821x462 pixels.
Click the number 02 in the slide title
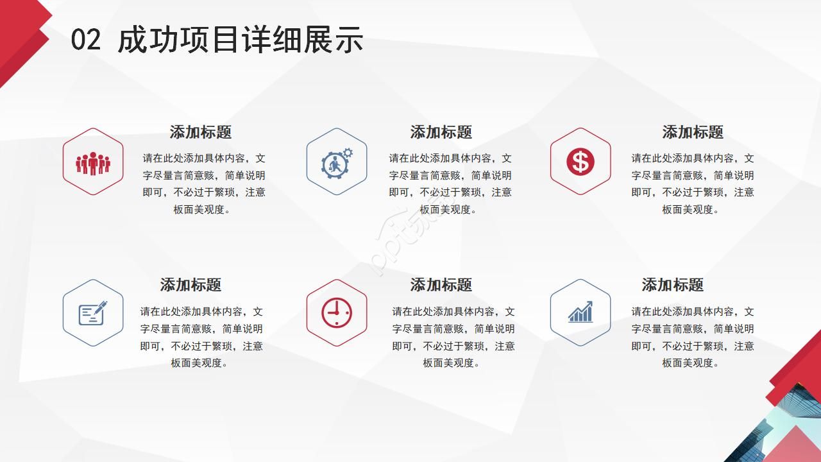coord(85,40)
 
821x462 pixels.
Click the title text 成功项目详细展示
coord(241,40)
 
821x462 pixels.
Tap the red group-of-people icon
coord(93,163)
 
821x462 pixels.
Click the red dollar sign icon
coord(580,162)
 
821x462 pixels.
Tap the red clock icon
coord(337,312)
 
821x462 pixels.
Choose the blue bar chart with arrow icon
coord(580,312)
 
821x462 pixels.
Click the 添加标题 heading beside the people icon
coord(201,132)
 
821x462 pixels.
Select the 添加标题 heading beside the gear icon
coord(441,132)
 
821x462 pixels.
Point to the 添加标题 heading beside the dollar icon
coord(693,132)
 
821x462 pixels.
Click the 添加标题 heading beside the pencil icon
coord(190,285)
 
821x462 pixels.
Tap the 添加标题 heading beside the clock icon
coord(441,285)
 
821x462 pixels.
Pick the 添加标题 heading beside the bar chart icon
coord(673,285)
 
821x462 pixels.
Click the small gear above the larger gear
coord(348,153)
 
